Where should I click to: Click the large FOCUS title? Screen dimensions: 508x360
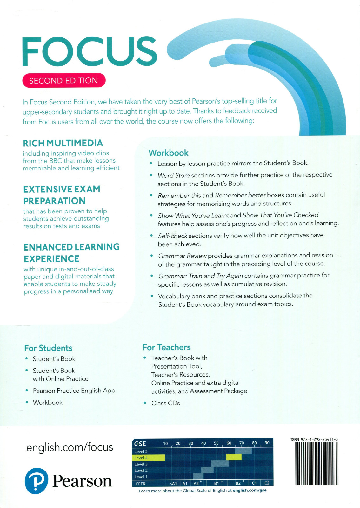(90, 52)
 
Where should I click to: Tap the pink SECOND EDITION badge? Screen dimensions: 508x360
(64, 81)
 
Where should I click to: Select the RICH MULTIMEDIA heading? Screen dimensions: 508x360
(63, 143)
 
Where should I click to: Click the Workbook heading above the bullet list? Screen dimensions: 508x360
(168, 153)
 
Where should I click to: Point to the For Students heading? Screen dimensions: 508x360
(48, 348)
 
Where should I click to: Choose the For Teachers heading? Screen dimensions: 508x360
(166, 347)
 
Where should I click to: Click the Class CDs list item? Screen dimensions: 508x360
(165, 403)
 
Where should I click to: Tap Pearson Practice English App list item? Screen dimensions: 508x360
(74, 391)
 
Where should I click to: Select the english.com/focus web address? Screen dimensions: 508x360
(70, 447)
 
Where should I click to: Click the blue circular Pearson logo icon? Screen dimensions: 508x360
(37, 481)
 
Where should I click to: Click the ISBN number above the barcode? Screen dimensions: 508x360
(314, 440)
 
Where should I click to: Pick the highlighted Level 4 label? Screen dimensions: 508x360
(141, 458)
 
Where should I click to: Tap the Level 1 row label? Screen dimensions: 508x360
(141, 477)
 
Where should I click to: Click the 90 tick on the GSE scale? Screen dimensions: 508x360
(267, 443)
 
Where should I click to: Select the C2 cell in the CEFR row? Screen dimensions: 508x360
(267, 483)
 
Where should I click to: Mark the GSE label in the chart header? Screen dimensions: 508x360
(140, 444)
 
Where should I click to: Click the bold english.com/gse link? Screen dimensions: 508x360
(250, 490)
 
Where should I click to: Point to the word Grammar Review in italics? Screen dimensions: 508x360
(182, 256)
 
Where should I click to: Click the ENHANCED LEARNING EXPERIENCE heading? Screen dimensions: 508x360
(71, 253)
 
